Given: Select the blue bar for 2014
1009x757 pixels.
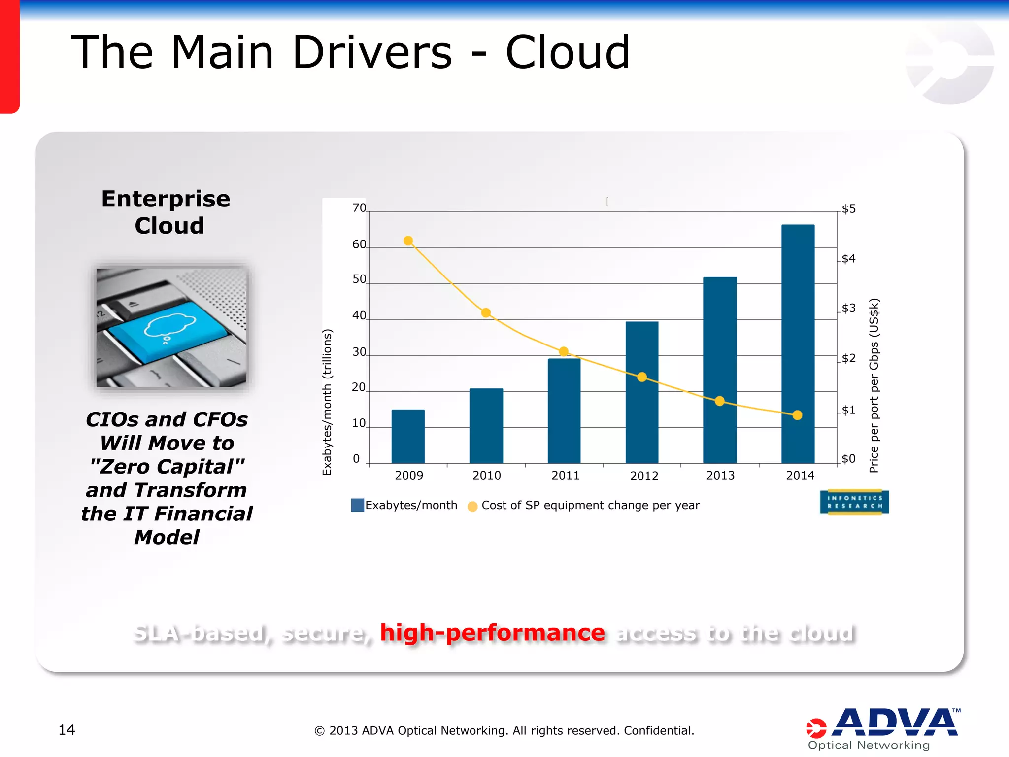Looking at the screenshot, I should pyautogui.click(x=798, y=345).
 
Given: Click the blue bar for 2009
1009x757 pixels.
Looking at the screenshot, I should pyautogui.click(x=408, y=437).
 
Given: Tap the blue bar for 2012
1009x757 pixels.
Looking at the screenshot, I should pyautogui.click(x=642, y=394).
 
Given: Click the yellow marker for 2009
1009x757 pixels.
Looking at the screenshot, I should pyautogui.click(x=408, y=241).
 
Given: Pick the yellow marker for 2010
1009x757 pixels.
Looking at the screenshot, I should pyautogui.click(x=486, y=312).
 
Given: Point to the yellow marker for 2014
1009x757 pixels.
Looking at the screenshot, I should pyautogui.click(x=798, y=415).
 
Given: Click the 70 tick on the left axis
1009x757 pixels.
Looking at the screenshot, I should pyautogui.click(x=359, y=208).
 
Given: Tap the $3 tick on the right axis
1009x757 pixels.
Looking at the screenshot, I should pyautogui.click(x=848, y=309).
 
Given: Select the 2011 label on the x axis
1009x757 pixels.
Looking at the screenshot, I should pyautogui.click(x=565, y=476).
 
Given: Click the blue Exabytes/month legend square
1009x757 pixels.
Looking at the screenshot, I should pyautogui.click(x=357, y=505).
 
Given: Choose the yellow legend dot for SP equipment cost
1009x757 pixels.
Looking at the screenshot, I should pyautogui.click(x=472, y=506).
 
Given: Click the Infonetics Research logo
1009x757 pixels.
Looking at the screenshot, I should pyautogui.click(x=854, y=502).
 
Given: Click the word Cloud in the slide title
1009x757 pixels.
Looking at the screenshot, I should pyautogui.click(x=568, y=52).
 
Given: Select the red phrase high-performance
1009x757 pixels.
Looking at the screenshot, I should pyautogui.click(x=492, y=633).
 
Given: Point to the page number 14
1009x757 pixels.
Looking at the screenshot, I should pyautogui.click(x=67, y=730).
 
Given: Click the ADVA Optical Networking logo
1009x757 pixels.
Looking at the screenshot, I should pyautogui.click(x=882, y=728).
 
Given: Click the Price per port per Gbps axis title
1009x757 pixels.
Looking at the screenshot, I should pyautogui.click(x=874, y=385).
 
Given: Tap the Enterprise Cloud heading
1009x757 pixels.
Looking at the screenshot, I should pyautogui.click(x=167, y=212).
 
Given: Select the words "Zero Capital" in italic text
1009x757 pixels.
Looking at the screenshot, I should pyautogui.click(x=167, y=466).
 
